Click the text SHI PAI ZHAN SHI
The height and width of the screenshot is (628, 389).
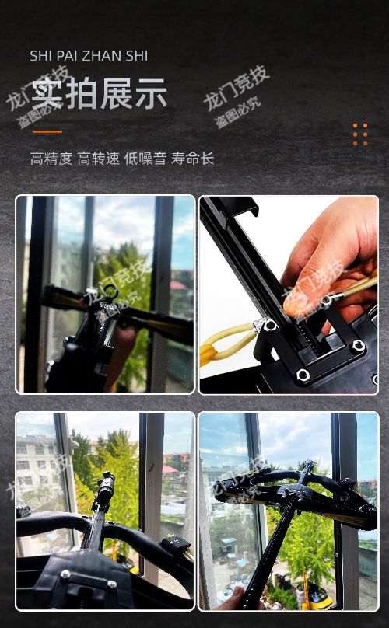pos(89,56)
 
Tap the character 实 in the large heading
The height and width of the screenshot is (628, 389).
pos(47,94)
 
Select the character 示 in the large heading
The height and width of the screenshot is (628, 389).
pos(151,94)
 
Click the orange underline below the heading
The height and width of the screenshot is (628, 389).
pos(47,131)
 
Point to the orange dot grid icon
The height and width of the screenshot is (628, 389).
pos(359,134)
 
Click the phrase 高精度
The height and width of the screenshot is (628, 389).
pos(51,159)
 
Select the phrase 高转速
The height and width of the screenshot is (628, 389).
pos(98,159)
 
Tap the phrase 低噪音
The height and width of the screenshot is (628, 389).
pos(145,159)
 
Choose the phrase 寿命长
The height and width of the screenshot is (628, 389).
pos(192,159)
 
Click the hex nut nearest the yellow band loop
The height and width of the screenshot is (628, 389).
pos(270,325)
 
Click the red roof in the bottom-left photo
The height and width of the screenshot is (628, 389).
pos(170,469)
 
